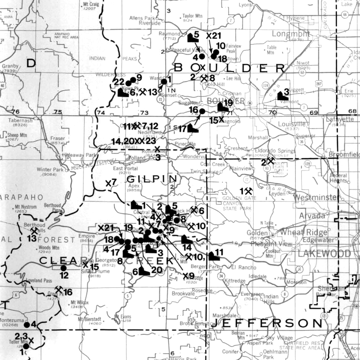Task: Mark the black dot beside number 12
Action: tap(63, 268)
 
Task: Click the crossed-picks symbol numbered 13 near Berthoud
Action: tap(34, 231)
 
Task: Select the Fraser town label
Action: tap(58, 138)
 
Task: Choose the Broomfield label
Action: tap(344, 154)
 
